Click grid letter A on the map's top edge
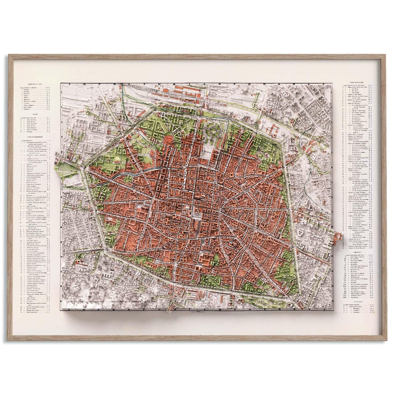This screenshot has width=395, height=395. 68,84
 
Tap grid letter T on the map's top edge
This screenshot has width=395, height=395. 328,84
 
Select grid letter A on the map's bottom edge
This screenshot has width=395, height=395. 69,309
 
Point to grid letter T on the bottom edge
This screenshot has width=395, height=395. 328,309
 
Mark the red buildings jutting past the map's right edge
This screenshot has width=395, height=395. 338,239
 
